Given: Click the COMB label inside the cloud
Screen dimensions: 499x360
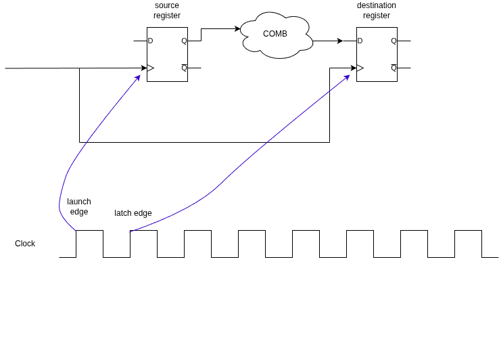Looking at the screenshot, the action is coord(275,34).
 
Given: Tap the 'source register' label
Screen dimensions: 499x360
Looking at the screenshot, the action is coord(167,10).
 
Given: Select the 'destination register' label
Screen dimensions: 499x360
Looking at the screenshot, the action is coord(377,10).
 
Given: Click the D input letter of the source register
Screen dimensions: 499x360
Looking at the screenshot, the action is coord(151,41).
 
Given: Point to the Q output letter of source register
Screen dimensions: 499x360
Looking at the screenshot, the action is coord(185,41).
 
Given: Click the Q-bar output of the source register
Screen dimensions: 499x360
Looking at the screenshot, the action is coord(185,68).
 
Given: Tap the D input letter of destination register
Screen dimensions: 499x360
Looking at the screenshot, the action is coord(360,41).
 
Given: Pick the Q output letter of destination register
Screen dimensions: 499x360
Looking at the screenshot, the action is coord(394,41).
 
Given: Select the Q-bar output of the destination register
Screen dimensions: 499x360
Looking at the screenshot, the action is coord(394,68).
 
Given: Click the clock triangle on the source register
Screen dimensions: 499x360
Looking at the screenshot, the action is coord(150,68).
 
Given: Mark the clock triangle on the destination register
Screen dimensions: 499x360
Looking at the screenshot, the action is coord(360,68).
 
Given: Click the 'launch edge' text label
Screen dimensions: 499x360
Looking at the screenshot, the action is coord(79,207).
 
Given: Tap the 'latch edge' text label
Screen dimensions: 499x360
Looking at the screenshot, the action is coord(133,213).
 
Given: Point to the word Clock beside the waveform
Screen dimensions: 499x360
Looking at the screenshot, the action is coord(25,244).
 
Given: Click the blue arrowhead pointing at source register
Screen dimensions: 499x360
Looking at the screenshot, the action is coord(138,78).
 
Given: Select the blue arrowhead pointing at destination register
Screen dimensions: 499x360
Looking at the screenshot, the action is coord(347,77).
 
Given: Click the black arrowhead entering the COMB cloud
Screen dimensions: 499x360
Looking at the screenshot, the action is coord(237,28).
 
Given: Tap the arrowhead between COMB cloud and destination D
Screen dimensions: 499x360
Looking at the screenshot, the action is coord(340,41).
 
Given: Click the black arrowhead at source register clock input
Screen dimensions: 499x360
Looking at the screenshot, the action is coord(144,68).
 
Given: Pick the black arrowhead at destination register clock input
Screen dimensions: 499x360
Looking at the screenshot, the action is coord(353,68).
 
